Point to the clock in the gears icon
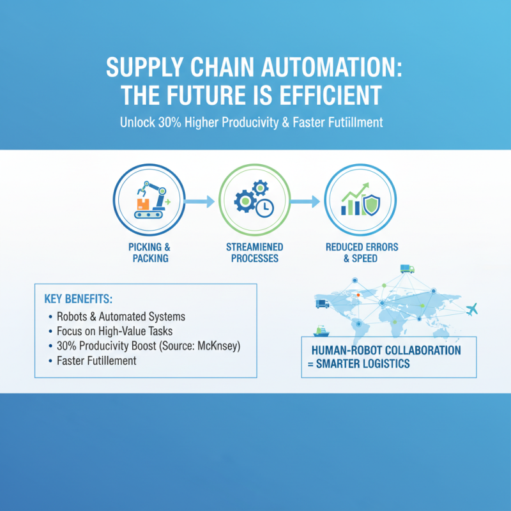264,207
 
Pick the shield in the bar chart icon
370,204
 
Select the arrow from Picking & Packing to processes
201,202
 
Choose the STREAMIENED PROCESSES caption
254,253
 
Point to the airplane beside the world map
473,310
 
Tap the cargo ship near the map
321,331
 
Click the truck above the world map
407,269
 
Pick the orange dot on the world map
358,294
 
